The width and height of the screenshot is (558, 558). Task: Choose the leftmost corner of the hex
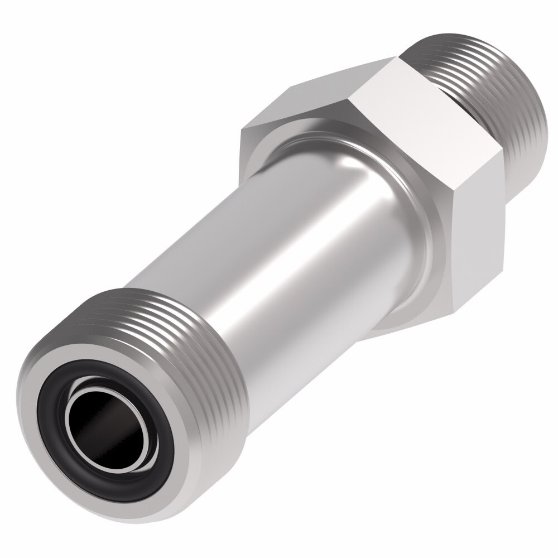[x=241, y=134]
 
